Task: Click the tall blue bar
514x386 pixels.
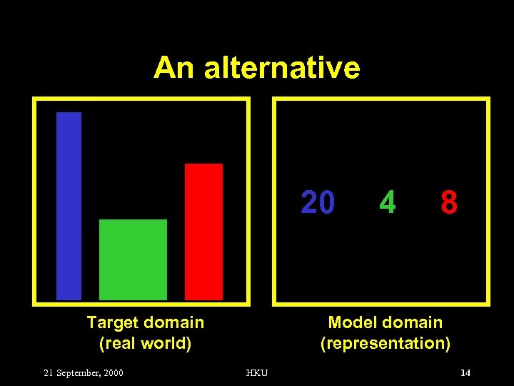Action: (x=69, y=206)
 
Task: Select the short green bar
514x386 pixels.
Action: (x=133, y=259)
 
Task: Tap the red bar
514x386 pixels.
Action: (x=203, y=232)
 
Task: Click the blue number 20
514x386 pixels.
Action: (x=318, y=203)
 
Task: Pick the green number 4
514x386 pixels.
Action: (x=387, y=203)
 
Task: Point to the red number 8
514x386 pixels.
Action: (x=449, y=203)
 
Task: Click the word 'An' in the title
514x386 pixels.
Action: (x=174, y=68)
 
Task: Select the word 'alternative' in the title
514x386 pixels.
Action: (x=282, y=68)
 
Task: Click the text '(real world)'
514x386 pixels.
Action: (x=145, y=343)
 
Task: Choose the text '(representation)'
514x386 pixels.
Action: (x=385, y=343)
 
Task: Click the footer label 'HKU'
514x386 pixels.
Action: (x=257, y=373)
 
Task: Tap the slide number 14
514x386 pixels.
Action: (x=465, y=372)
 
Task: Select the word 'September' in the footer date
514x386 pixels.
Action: (x=79, y=373)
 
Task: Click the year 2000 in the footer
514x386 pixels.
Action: (x=113, y=373)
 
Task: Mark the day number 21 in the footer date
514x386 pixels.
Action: (x=49, y=373)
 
